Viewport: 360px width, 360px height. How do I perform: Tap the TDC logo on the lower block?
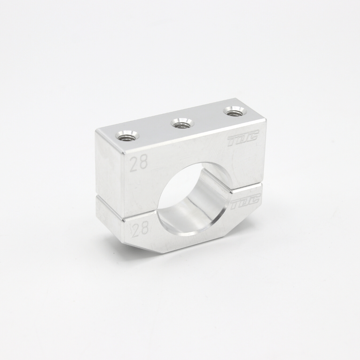[x=245, y=202]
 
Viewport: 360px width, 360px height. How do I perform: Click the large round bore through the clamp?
[x=193, y=197]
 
